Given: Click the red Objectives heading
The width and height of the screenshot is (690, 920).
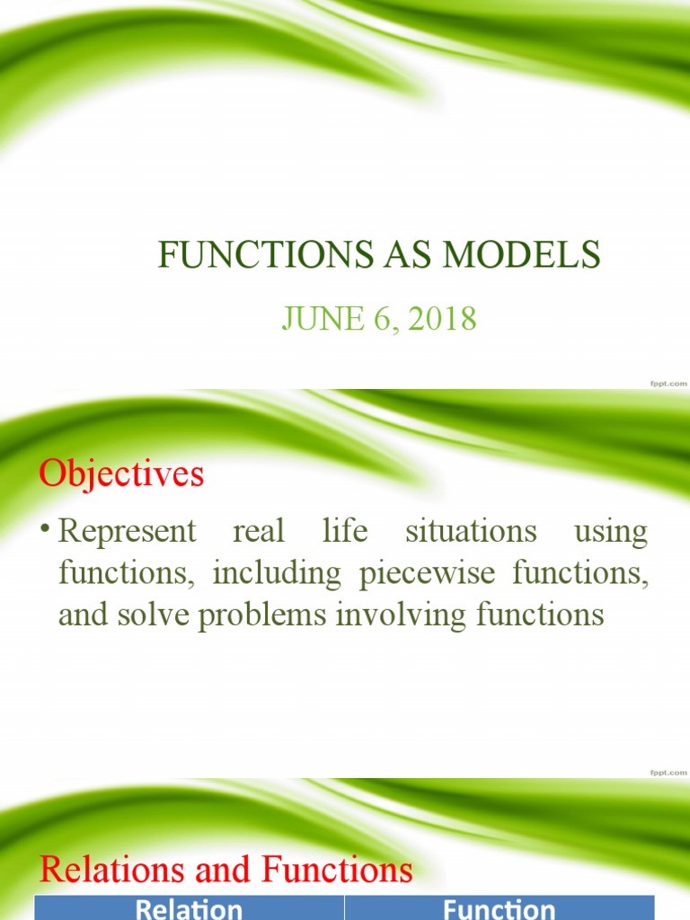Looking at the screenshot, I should tap(121, 473).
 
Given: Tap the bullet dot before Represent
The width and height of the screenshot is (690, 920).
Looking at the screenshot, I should tap(45, 531).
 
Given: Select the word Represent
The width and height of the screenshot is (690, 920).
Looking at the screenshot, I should tap(127, 531).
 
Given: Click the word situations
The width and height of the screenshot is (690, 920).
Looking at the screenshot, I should tap(471, 531).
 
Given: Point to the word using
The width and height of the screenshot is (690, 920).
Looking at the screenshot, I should tap(610, 531).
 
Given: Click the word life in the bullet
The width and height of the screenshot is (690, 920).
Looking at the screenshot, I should tap(345, 531).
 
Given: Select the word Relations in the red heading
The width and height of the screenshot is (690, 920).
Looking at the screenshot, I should tap(119, 870).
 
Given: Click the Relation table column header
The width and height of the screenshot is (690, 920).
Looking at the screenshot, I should tap(189, 908).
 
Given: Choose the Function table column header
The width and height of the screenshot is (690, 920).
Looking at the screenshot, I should tap(499, 908).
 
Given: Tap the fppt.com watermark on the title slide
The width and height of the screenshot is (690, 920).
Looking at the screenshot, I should tap(668, 383).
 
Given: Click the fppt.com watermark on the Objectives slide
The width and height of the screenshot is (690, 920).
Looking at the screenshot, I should tap(668, 772).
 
